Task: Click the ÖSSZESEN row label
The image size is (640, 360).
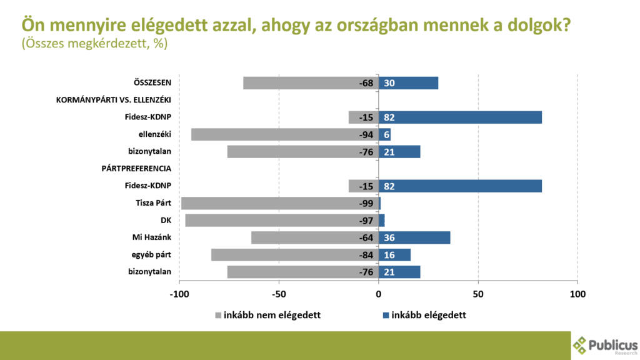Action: coord(152,82)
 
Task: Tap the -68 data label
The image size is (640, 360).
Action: coord(366,83)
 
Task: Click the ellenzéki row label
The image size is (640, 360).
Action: coord(154,134)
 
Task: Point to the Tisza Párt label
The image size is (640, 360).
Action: coord(153,202)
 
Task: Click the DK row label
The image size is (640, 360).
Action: coord(166,220)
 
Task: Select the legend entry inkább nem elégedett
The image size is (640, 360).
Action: coord(268,315)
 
